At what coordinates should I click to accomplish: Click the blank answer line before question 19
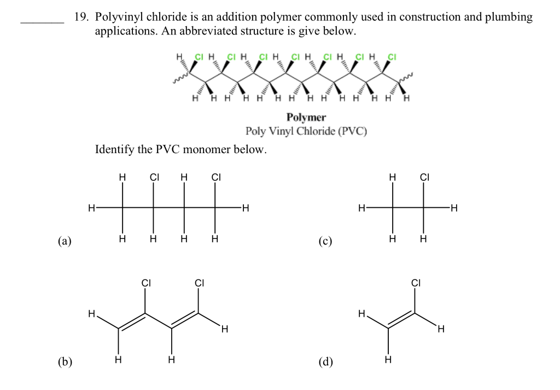click(x=42, y=22)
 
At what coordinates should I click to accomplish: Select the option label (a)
click(x=65, y=240)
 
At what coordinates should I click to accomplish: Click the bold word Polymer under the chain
click(x=306, y=117)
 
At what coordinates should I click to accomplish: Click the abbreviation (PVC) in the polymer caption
click(x=352, y=131)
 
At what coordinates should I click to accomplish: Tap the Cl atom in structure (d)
click(x=416, y=283)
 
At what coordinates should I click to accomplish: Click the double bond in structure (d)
click(x=401, y=321)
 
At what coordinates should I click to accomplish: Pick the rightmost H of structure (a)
click(x=246, y=208)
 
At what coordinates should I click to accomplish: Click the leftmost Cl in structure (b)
click(x=145, y=283)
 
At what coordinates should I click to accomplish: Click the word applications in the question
click(x=126, y=31)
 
